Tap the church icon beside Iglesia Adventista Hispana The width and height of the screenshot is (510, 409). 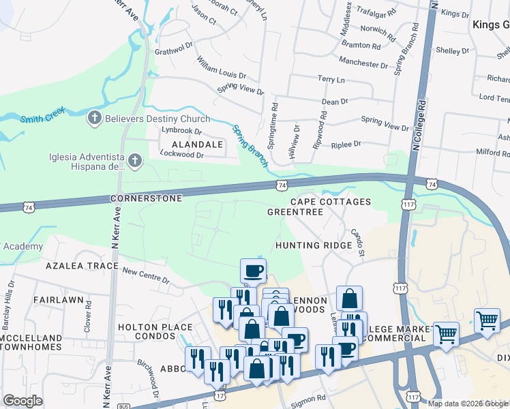click(x=135, y=161)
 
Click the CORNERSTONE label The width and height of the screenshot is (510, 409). click(x=146, y=198)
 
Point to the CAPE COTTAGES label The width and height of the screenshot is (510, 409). click(x=331, y=202)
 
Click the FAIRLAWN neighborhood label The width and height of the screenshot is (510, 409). click(x=57, y=299)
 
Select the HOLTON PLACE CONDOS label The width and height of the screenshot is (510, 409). click(x=155, y=332)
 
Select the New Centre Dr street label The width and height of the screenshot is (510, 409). click(x=145, y=275)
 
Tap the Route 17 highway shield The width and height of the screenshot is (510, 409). click(x=220, y=394)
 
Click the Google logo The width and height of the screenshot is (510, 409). click(x=23, y=401)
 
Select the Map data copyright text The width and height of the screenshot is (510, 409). click(x=468, y=404)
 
